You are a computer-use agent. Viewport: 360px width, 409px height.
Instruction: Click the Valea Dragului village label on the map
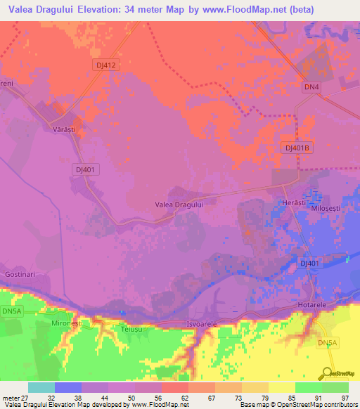click(x=179, y=204)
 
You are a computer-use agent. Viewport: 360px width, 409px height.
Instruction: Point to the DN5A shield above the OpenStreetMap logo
click(x=327, y=343)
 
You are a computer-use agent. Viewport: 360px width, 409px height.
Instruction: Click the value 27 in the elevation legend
click(x=26, y=398)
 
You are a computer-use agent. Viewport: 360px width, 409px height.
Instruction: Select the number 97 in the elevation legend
click(x=346, y=398)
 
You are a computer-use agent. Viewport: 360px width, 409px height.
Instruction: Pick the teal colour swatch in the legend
click(x=41, y=387)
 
